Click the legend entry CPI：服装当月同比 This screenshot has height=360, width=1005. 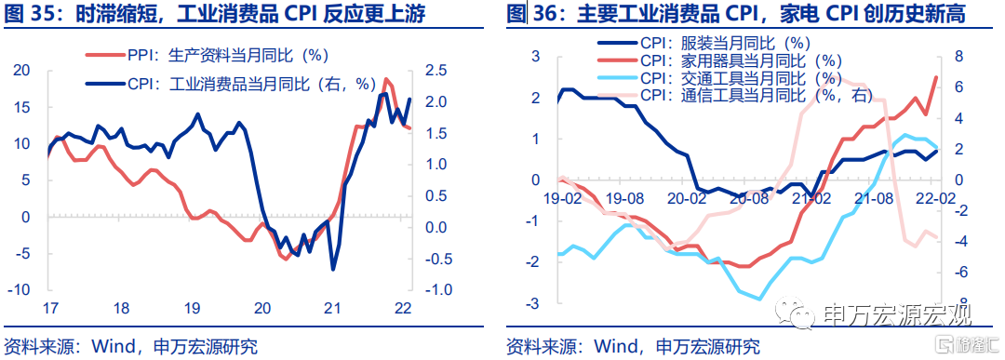click(704, 44)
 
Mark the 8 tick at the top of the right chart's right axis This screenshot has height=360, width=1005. click(959, 57)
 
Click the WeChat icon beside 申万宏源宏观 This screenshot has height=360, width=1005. click(794, 313)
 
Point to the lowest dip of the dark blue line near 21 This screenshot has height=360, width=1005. click(333, 270)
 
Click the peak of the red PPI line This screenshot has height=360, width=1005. click(385, 79)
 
